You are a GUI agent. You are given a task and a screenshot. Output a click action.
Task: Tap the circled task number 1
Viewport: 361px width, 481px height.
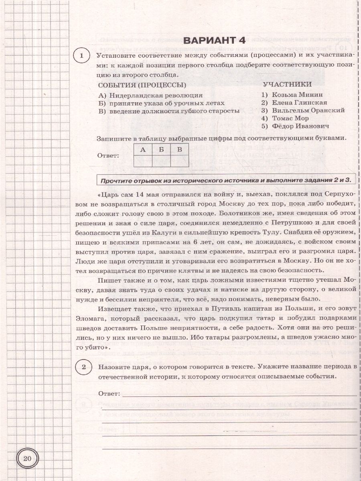click(82, 57)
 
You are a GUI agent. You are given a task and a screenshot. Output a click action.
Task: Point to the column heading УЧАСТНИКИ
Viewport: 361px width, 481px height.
click(287, 84)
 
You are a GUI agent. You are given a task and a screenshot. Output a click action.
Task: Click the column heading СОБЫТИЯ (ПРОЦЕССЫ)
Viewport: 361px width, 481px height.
click(142, 85)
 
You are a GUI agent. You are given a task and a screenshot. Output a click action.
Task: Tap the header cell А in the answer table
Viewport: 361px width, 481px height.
click(142, 150)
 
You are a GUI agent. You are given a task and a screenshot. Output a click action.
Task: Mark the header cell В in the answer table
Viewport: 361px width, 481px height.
click(180, 150)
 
